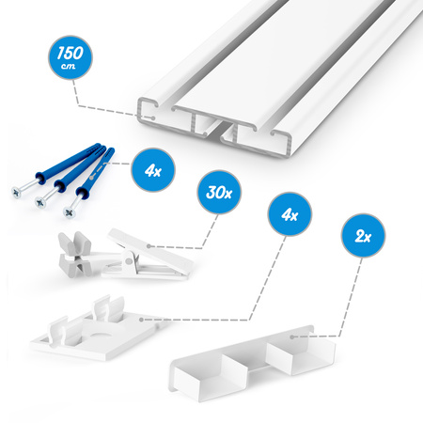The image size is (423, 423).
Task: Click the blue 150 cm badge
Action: coord(70,57)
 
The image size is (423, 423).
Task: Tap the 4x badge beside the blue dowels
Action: coord(153,170)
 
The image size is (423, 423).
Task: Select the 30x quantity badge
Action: coord(219,192)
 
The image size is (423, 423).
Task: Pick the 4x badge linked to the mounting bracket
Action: coord(290,214)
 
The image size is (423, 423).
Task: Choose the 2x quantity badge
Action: coord(363,236)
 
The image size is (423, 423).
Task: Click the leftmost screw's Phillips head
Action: coord(17,193)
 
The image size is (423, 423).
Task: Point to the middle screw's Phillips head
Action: coord(40,202)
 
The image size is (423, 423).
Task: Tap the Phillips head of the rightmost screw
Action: coord(69,212)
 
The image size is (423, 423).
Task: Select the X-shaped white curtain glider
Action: coord(75,253)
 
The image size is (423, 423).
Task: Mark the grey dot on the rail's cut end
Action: coord(152,118)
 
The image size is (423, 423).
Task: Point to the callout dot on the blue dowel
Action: coord(91,178)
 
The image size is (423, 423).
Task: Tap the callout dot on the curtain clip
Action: coord(149,246)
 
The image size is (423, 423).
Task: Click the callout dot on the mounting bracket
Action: coord(141,320)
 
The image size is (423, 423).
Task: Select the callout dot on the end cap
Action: coord(292,337)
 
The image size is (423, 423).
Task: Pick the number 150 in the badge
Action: coord(70,54)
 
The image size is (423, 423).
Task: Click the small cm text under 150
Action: coord(69,66)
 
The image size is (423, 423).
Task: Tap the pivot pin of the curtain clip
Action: coord(128,260)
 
